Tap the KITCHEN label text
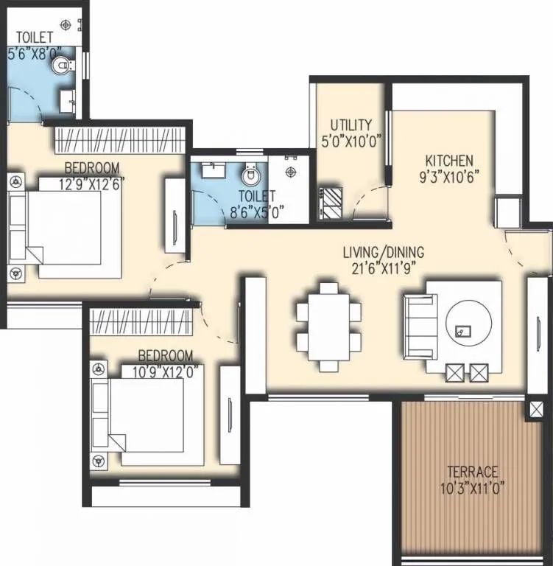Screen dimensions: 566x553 [448, 161]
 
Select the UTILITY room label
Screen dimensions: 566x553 [351, 125]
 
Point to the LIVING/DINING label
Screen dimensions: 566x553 [383, 252]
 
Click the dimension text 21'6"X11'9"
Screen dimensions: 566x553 [383, 268]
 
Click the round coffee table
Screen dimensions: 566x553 [467, 326]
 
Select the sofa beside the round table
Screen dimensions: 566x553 [420, 324]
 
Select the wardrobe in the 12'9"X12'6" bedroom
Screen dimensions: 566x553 [119, 139]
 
